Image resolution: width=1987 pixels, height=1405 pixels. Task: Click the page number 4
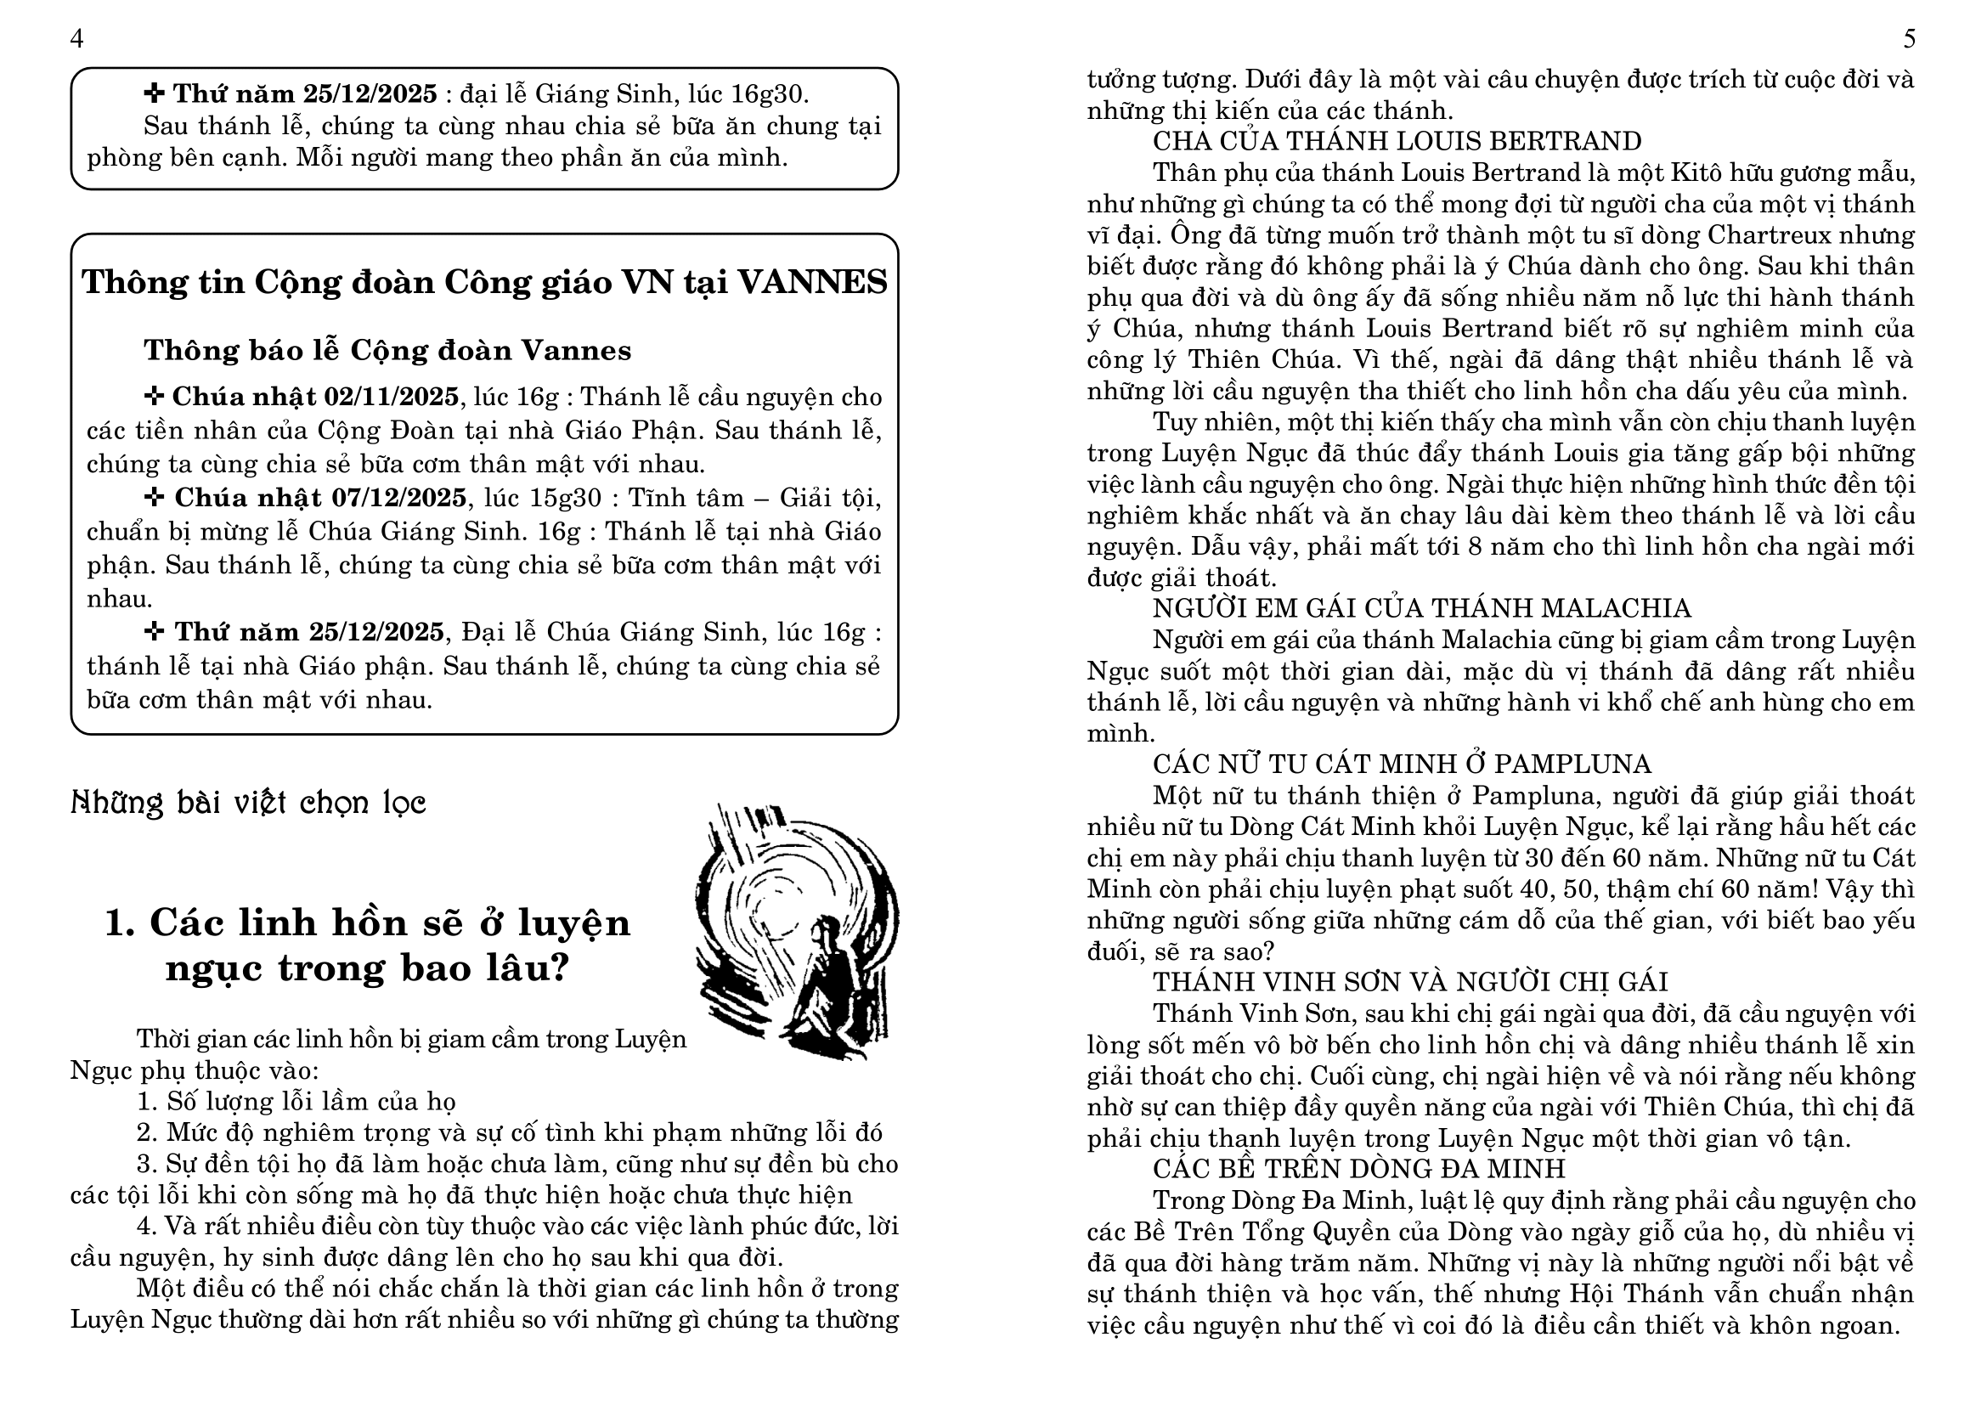77,40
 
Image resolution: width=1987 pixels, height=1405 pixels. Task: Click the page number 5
1909,40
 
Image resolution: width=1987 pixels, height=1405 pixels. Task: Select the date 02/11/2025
391,397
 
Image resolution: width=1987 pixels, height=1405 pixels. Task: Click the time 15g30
566,499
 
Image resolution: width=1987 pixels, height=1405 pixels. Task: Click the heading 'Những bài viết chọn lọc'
248,803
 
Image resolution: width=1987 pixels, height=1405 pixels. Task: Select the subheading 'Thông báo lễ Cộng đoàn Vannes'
387,350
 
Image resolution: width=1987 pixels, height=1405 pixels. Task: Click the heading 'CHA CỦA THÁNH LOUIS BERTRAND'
1397,142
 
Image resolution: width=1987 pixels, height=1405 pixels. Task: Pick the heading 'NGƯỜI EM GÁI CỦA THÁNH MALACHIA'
1422,609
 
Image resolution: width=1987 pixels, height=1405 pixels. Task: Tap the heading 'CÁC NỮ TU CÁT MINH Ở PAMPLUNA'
1402,765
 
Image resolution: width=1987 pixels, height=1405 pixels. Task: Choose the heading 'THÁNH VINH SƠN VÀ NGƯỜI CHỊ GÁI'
1410,983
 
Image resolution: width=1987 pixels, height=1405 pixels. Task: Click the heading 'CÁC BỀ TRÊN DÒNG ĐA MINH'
1358,1170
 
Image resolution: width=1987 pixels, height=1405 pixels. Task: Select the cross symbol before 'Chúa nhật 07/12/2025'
155,499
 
